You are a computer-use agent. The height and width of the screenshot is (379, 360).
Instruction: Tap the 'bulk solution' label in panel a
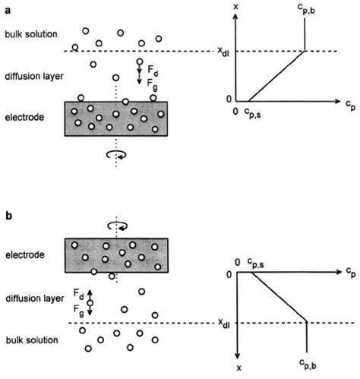point(28,35)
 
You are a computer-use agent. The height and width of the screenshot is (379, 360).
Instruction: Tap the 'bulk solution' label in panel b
point(28,336)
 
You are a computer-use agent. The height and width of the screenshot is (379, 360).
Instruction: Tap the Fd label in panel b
point(79,292)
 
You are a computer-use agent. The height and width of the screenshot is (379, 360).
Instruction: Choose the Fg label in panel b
point(79,309)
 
